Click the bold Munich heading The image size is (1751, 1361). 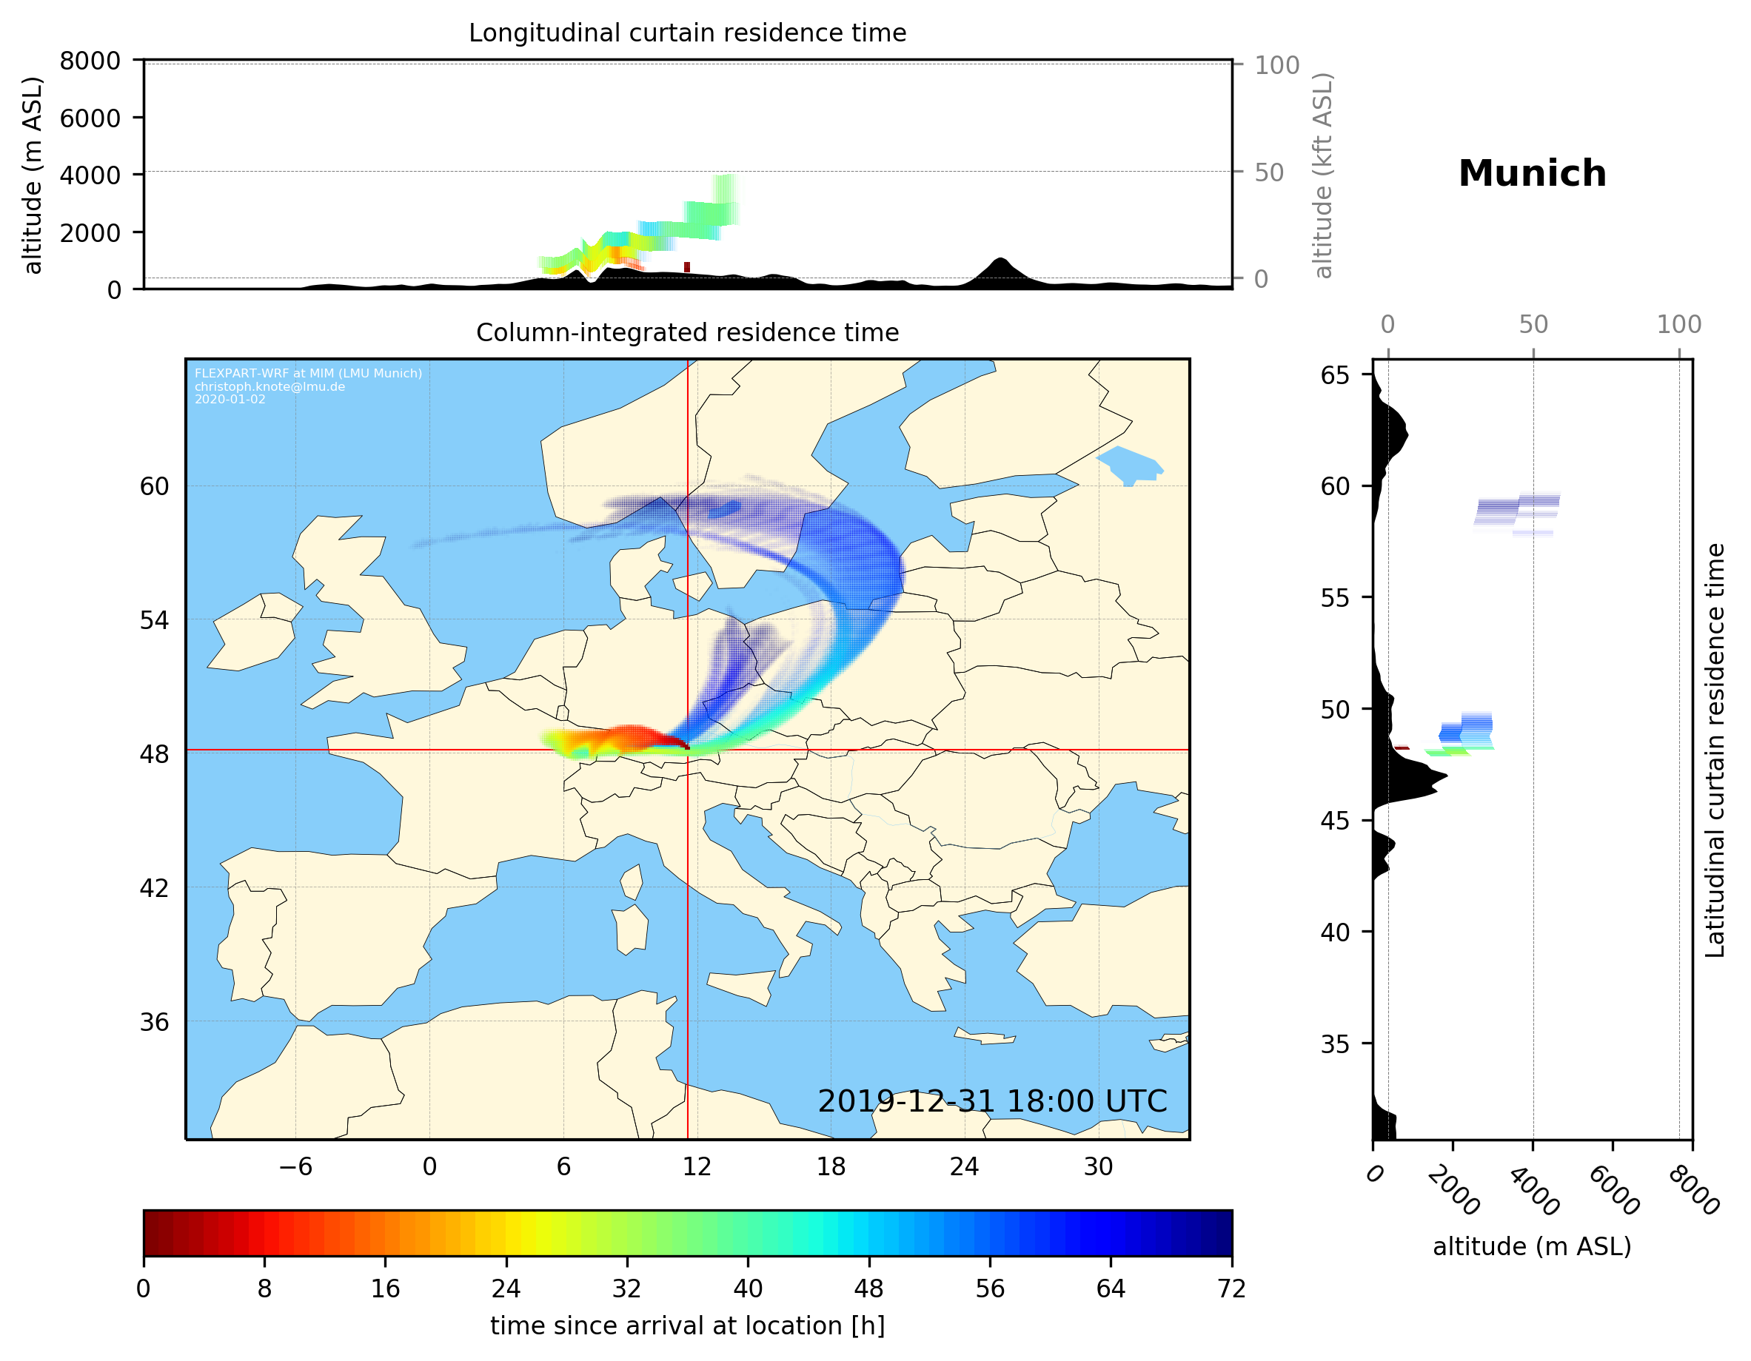pyautogui.click(x=1531, y=174)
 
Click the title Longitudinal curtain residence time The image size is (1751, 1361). pyautogui.click(x=687, y=33)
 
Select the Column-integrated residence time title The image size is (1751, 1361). pyautogui.click(x=687, y=332)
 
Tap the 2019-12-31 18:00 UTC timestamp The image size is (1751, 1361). pyautogui.click(x=992, y=1101)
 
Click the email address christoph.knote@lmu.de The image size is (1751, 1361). pyautogui.click(x=269, y=386)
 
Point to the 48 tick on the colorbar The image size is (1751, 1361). pyautogui.click(x=868, y=1289)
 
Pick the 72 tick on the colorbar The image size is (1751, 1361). pyautogui.click(x=1231, y=1289)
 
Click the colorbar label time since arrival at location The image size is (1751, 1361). pyautogui.click(x=687, y=1326)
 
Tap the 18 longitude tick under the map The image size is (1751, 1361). pyautogui.click(x=831, y=1166)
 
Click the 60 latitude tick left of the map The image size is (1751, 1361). pyautogui.click(x=154, y=486)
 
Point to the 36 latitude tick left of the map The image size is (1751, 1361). pyautogui.click(x=154, y=1022)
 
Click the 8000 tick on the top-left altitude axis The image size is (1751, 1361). pyautogui.click(x=90, y=61)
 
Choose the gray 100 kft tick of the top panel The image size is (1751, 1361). pyautogui.click(x=1276, y=65)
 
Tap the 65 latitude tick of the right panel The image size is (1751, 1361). pyautogui.click(x=1335, y=375)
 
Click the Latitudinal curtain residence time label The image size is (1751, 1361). pyautogui.click(x=1714, y=750)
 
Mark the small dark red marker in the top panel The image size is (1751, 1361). pyautogui.click(x=686, y=267)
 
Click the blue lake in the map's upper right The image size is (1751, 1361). pyautogui.click(x=1131, y=466)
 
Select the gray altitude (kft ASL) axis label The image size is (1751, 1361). pyautogui.click(x=1323, y=175)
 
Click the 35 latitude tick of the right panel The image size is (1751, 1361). pyautogui.click(x=1335, y=1044)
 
